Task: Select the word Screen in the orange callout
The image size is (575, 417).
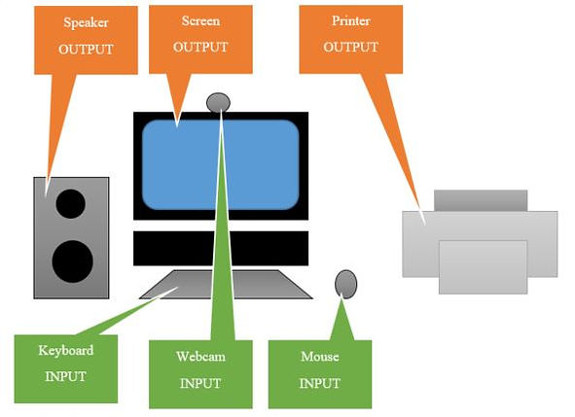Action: pyautogui.click(x=199, y=20)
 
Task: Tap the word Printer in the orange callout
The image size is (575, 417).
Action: pyautogui.click(x=349, y=20)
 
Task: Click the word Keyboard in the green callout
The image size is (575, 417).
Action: pyautogui.click(x=65, y=350)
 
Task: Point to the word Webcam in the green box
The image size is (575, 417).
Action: pyautogui.click(x=200, y=357)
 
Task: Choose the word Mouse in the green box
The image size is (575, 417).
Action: pyautogui.click(x=319, y=357)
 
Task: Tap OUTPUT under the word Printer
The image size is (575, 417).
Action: pyautogui.click(x=349, y=47)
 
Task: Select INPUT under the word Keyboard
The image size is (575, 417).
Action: pyautogui.click(x=65, y=375)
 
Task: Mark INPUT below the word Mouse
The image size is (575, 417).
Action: pyautogui.click(x=319, y=383)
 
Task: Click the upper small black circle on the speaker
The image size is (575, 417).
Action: pyautogui.click(x=70, y=204)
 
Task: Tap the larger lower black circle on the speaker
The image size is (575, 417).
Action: pyautogui.click(x=72, y=261)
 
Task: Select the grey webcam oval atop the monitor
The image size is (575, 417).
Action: pyautogui.click(x=219, y=102)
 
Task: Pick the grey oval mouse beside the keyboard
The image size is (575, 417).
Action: pyautogui.click(x=345, y=283)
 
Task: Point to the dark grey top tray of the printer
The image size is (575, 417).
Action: pyautogui.click(x=480, y=200)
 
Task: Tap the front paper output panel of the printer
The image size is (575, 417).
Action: pyautogui.click(x=483, y=266)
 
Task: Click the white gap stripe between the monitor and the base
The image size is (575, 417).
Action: pyautogui.click(x=220, y=226)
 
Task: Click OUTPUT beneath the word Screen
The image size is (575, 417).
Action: pyautogui.click(x=199, y=46)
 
